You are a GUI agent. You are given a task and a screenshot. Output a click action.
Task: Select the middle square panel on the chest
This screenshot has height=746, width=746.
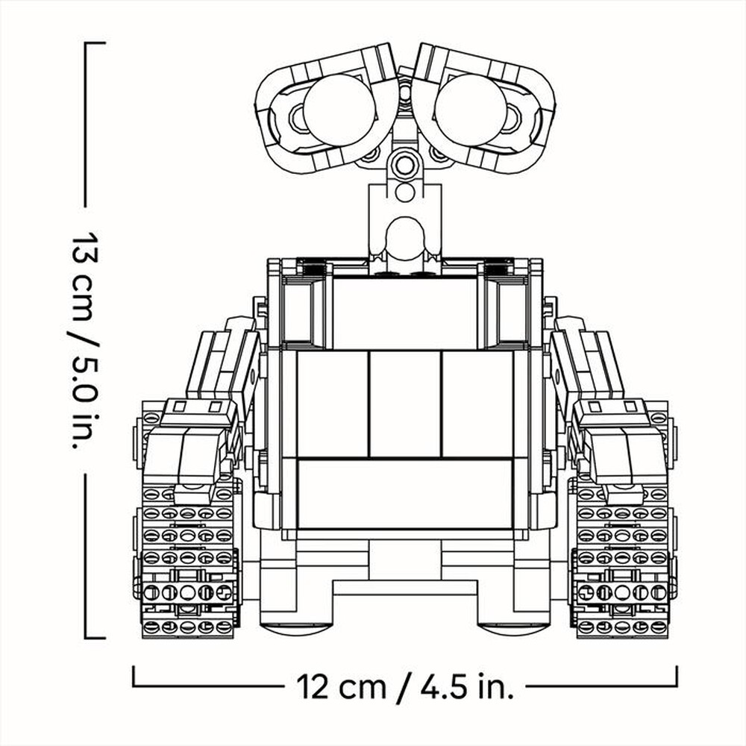click(405, 404)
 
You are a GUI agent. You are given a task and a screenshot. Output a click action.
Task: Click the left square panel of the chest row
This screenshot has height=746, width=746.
click(333, 404)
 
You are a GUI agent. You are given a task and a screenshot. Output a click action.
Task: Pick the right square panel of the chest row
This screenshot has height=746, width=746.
click(477, 404)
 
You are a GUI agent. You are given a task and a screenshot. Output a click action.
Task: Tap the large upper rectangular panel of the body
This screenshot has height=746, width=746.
click(405, 312)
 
